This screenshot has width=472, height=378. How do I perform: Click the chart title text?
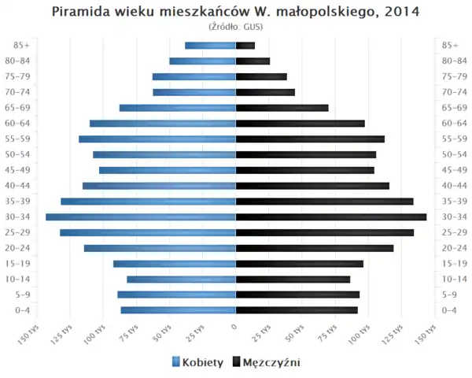pos(235,12)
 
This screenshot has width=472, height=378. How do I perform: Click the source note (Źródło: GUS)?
pos(235,27)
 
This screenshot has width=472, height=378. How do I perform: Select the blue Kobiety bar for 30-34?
pos(141,217)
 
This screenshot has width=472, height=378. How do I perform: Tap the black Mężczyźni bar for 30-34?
pos(331,217)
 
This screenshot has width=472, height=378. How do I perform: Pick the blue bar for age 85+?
pos(210,45)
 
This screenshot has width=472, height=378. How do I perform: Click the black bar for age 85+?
pos(245,45)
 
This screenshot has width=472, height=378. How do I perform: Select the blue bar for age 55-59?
pos(157,139)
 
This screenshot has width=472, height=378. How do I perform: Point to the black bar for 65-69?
pos(282,108)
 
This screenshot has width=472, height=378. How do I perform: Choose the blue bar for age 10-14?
pos(181,279)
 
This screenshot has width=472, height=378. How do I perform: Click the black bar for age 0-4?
pos(297,310)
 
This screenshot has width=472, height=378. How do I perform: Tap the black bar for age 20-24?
pos(315,248)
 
